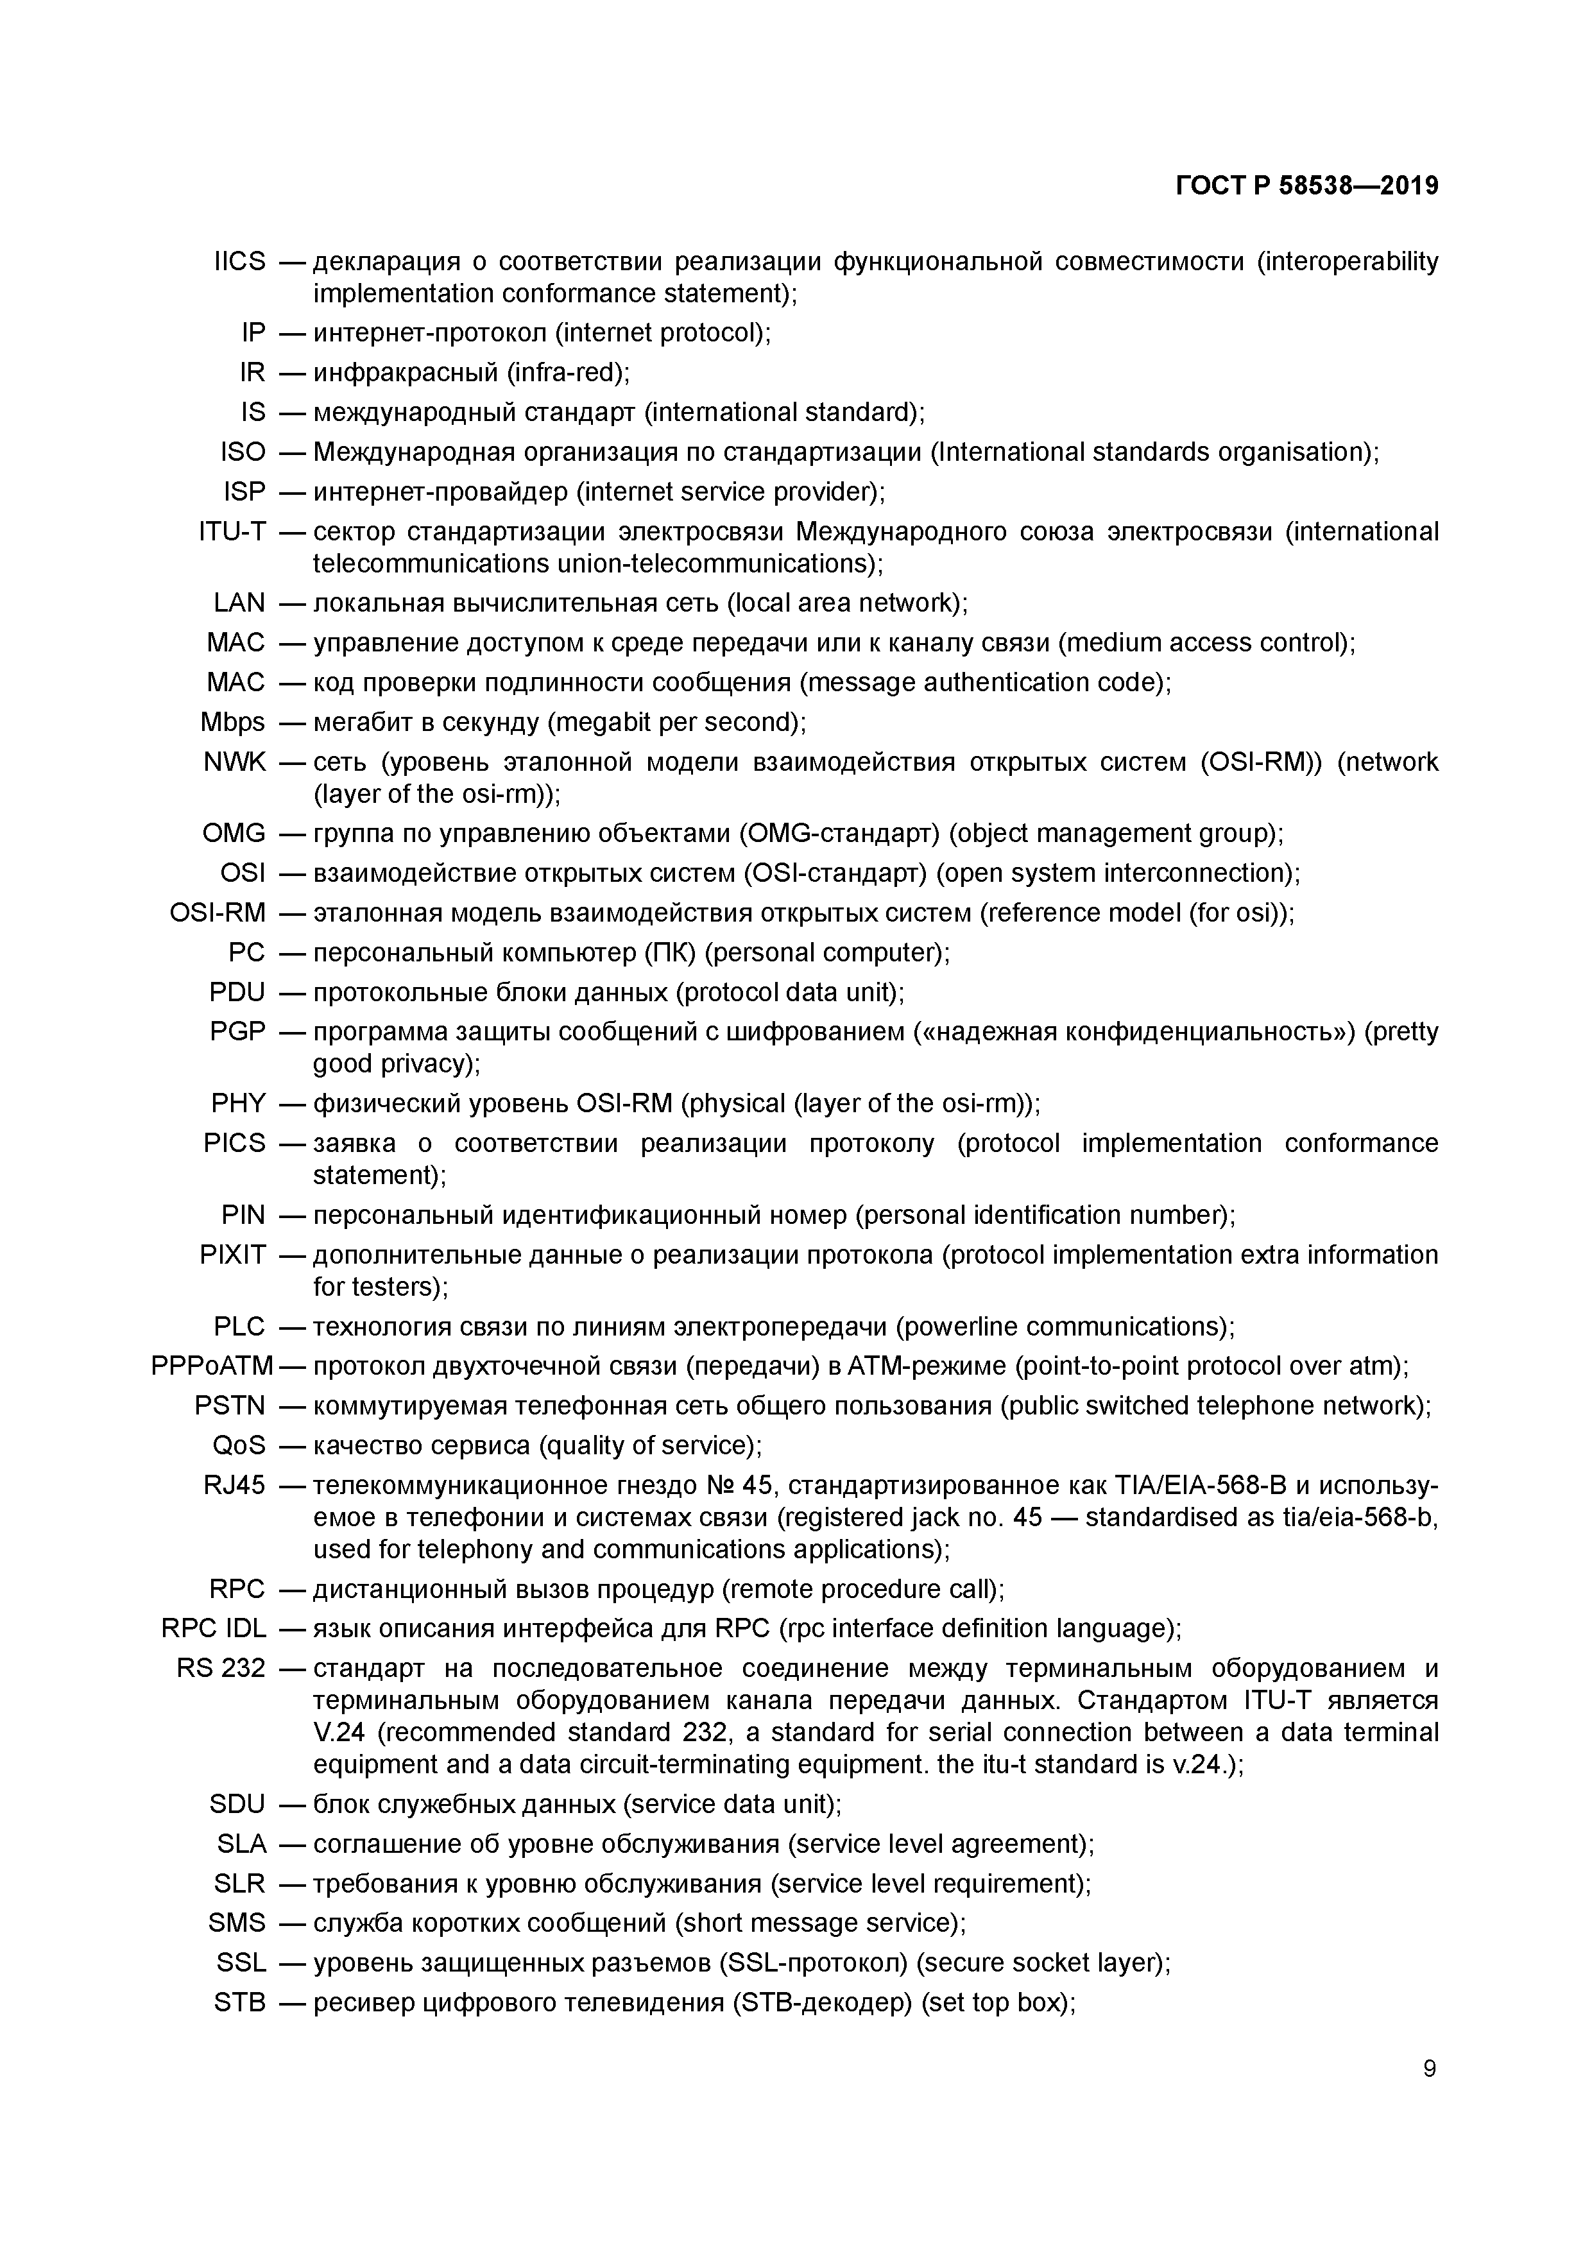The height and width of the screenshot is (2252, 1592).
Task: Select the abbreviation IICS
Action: pos(239,262)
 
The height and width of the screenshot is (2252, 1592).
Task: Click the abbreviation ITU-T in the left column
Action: pos(232,531)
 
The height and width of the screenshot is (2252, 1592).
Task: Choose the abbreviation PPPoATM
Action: pos(212,1366)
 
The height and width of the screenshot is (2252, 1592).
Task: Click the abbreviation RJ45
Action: pos(234,1485)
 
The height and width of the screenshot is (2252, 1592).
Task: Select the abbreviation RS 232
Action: pos(221,1669)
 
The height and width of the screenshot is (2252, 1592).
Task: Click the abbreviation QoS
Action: pos(238,1446)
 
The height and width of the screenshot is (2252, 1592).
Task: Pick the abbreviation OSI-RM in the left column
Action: pos(218,913)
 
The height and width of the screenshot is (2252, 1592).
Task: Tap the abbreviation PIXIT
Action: pos(232,1255)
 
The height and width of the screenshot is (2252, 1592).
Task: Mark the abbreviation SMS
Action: pos(236,1923)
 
